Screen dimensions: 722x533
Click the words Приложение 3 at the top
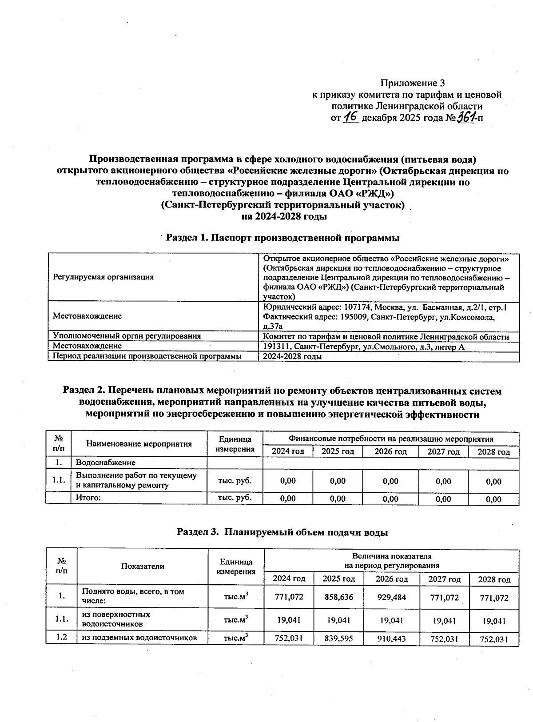(413, 83)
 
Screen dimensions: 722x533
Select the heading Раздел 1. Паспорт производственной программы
(283, 238)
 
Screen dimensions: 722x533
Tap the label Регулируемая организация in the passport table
(103, 277)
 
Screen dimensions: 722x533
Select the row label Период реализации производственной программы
(147, 356)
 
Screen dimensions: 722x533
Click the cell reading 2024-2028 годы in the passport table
(292, 357)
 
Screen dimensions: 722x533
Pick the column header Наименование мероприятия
(139, 444)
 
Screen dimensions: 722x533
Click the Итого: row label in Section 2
(88, 498)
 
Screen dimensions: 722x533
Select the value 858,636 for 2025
(338, 597)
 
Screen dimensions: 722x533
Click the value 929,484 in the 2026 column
(391, 597)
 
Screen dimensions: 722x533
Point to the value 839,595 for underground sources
(338, 639)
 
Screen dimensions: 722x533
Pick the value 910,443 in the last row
(391, 639)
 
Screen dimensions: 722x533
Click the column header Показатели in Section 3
(143, 566)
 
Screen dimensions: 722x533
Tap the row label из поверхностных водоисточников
(116, 619)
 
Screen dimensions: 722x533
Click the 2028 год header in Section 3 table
(493, 579)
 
